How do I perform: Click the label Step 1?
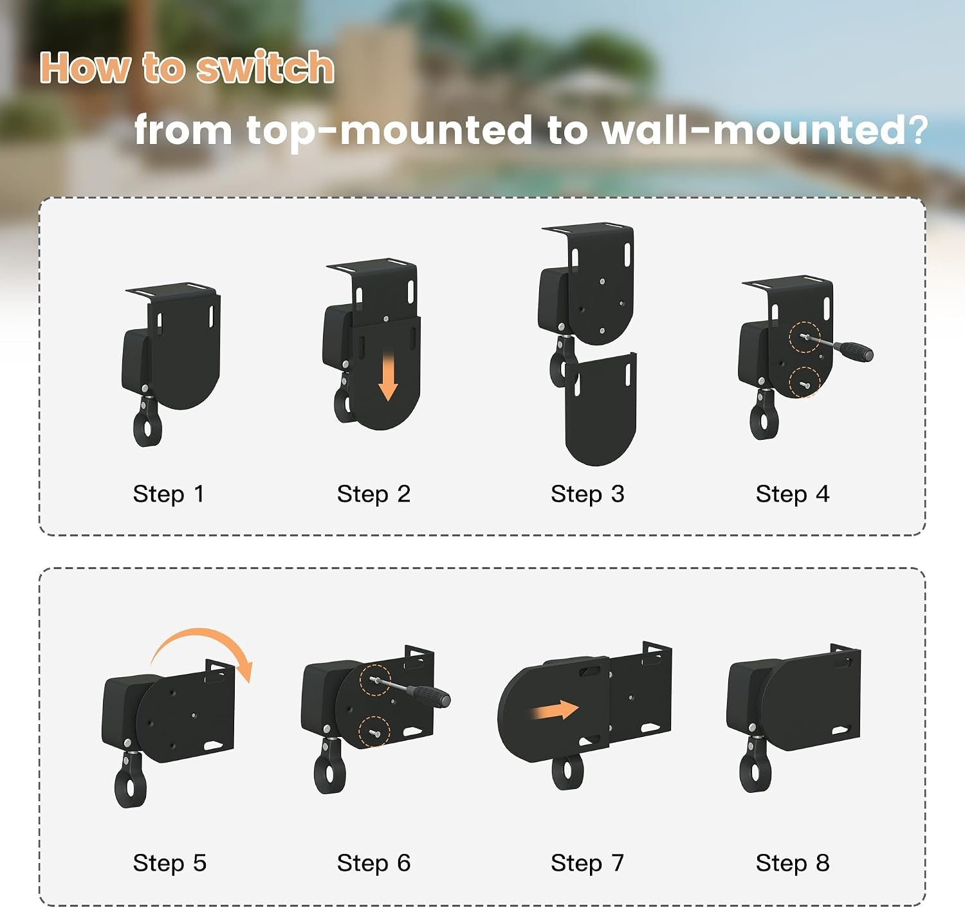pos(169,494)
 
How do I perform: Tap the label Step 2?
pos(374,494)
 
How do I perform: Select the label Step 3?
pos(587,494)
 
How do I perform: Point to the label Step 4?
pos(793,494)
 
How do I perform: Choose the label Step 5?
pos(170,863)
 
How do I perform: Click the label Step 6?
pos(374,863)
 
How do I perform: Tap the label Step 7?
pos(587,863)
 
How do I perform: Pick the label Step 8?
pos(793,863)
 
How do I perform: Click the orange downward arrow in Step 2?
pos(388,377)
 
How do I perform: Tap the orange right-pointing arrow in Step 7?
pos(555,711)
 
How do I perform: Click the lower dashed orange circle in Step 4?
pos(804,383)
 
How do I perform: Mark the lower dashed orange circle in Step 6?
pos(374,732)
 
